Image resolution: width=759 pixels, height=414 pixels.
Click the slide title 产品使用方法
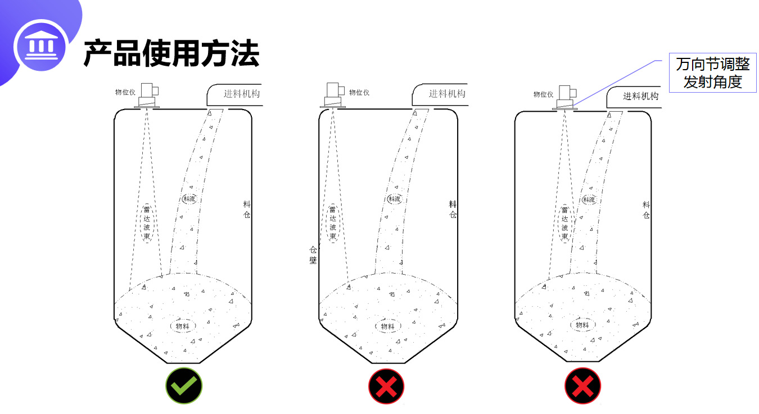(x=171, y=54)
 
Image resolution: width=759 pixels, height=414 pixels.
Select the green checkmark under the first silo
(x=184, y=386)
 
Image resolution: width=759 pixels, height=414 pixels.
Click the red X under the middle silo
(x=386, y=386)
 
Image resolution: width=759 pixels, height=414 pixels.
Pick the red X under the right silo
(x=583, y=386)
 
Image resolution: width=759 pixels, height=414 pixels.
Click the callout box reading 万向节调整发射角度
(x=713, y=73)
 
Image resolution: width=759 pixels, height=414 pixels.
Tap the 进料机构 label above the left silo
(x=242, y=94)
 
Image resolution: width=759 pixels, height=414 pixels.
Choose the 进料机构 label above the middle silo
(x=447, y=94)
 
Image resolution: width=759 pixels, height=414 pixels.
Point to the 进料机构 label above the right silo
(x=640, y=96)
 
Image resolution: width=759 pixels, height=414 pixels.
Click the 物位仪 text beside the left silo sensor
(x=125, y=92)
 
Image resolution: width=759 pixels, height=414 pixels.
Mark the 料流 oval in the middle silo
(x=394, y=199)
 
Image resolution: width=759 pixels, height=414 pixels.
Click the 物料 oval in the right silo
(x=582, y=325)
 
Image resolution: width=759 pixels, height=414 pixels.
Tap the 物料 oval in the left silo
(x=183, y=325)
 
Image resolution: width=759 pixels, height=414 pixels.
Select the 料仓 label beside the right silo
(x=646, y=210)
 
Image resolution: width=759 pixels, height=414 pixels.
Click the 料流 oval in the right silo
(x=589, y=199)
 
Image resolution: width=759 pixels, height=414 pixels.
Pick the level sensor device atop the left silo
(x=148, y=95)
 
